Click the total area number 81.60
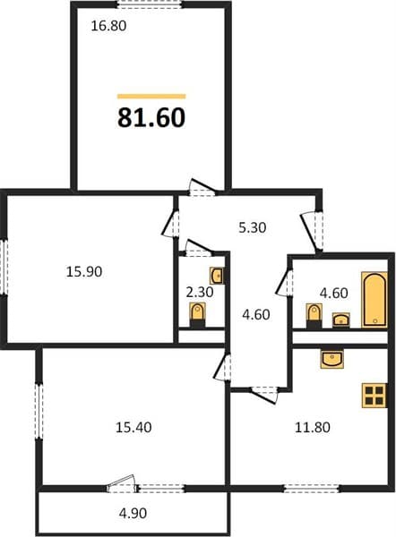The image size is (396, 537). [x=151, y=117]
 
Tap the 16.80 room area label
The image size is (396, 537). [x=108, y=26]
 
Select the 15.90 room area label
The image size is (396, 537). [x=84, y=272]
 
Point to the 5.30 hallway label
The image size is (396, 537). [x=253, y=227]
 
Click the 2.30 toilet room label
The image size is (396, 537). [x=200, y=292]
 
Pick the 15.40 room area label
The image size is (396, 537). [x=133, y=428]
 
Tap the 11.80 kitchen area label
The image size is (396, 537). [x=313, y=428]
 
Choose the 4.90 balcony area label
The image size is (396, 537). [x=133, y=513]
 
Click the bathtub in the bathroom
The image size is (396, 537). [x=374, y=300]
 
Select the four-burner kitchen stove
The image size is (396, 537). [x=374, y=396]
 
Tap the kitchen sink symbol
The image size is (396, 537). [x=331, y=359]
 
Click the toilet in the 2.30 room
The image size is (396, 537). [x=197, y=315]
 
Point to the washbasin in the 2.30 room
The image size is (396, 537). [x=217, y=276]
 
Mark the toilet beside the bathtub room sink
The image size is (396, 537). [x=314, y=316]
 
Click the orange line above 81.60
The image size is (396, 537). [x=151, y=97]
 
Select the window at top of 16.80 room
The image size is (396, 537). [x=149, y=4]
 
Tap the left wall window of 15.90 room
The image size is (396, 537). [x=4, y=266]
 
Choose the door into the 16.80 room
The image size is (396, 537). [x=202, y=188]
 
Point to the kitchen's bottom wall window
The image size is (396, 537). [x=311, y=489]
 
